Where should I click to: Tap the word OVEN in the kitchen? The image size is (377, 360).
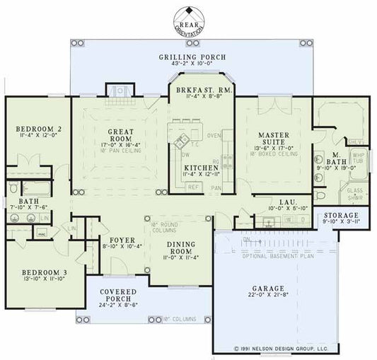214,134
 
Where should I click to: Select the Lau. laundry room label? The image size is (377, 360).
287,202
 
